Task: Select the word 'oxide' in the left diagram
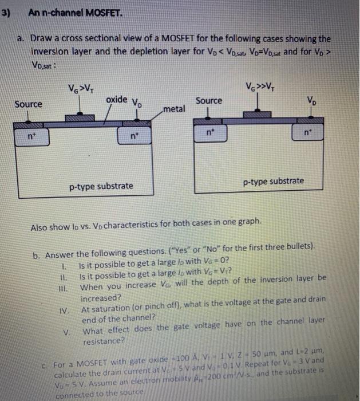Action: (x=117, y=99)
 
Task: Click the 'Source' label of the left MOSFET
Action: (x=29, y=104)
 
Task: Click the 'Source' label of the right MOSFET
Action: (x=208, y=101)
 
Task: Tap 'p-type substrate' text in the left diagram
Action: (x=101, y=186)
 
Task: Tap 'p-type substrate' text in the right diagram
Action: (x=274, y=182)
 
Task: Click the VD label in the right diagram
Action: (x=327, y=103)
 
